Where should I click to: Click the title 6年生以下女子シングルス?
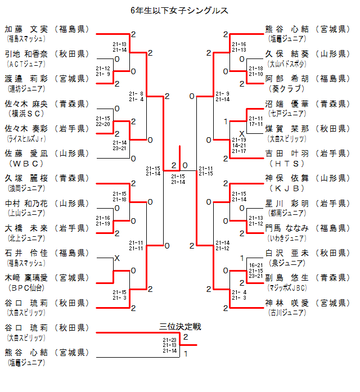click(179, 11)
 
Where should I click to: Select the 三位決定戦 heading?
click(181, 326)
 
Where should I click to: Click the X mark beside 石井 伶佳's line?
click(117, 258)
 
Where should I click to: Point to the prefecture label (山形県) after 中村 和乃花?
click(70, 202)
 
